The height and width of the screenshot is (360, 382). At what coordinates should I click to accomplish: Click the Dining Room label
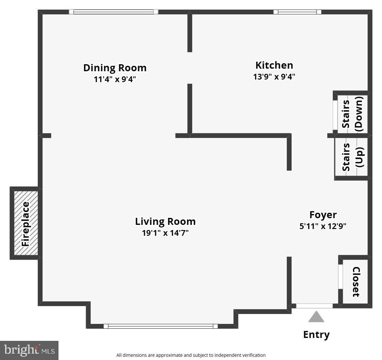pyautogui.click(x=115, y=68)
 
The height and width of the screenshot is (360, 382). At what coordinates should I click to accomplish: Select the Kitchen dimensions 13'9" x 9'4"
pyautogui.click(x=274, y=77)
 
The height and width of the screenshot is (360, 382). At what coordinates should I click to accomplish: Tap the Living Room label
pyautogui.click(x=165, y=221)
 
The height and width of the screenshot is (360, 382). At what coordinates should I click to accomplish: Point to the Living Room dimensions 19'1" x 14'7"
pyautogui.click(x=165, y=233)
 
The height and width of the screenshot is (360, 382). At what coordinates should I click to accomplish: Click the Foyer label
pyautogui.click(x=323, y=215)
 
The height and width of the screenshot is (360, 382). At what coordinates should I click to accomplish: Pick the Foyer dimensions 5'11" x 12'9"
pyautogui.click(x=323, y=226)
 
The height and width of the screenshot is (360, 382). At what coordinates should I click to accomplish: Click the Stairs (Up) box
pyautogui.click(x=352, y=157)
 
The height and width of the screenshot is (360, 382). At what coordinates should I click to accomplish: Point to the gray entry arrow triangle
pyautogui.click(x=316, y=317)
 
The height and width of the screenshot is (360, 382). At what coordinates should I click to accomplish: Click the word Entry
pyautogui.click(x=316, y=334)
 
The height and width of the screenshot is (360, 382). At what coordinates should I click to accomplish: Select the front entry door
pyautogui.click(x=314, y=306)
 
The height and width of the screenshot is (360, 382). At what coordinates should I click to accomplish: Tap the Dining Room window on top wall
pyautogui.click(x=113, y=12)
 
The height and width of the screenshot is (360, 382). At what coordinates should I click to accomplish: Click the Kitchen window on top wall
pyautogui.click(x=297, y=12)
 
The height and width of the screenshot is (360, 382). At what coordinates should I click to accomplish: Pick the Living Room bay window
pyautogui.click(x=160, y=326)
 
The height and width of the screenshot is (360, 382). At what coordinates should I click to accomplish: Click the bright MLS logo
pyautogui.click(x=29, y=350)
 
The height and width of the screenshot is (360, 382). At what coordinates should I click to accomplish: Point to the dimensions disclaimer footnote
pyautogui.click(x=191, y=355)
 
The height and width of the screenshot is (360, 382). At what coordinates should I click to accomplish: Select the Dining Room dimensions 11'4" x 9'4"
pyautogui.click(x=115, y=79)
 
